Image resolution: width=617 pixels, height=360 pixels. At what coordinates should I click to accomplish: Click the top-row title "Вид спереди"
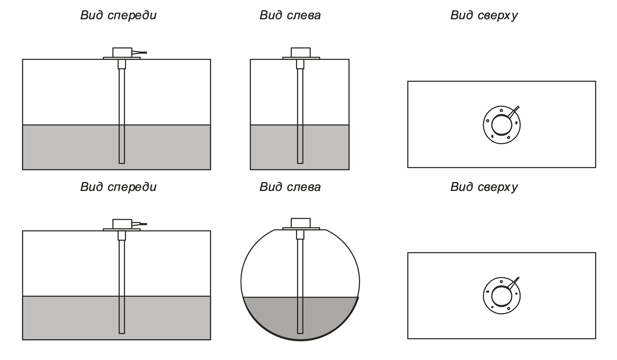[118, 15]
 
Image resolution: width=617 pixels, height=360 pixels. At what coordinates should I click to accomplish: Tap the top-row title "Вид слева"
[290, 15]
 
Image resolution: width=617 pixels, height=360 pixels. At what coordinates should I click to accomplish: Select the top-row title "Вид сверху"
[484, 15]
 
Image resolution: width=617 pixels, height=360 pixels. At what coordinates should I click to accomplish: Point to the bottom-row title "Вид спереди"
[118, 187]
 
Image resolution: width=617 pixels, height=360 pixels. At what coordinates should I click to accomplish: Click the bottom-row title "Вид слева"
[290, 187]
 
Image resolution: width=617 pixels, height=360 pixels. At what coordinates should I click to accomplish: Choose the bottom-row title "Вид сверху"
[484, 187]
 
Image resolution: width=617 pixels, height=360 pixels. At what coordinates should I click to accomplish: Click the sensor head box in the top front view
[122, 52]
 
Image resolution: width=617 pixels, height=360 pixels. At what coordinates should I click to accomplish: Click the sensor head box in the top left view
[300, 52]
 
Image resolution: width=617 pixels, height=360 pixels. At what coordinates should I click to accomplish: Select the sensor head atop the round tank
[300, 223]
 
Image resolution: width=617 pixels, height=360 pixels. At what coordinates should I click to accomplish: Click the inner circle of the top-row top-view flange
[501, 125]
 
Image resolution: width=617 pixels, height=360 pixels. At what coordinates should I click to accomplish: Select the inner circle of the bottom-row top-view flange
[501, 296]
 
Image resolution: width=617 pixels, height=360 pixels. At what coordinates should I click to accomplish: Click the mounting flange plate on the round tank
[301, 229]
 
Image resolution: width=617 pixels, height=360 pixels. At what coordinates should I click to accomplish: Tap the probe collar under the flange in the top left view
[300, 64]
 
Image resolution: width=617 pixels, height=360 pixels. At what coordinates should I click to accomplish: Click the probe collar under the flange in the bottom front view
[122, 235]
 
